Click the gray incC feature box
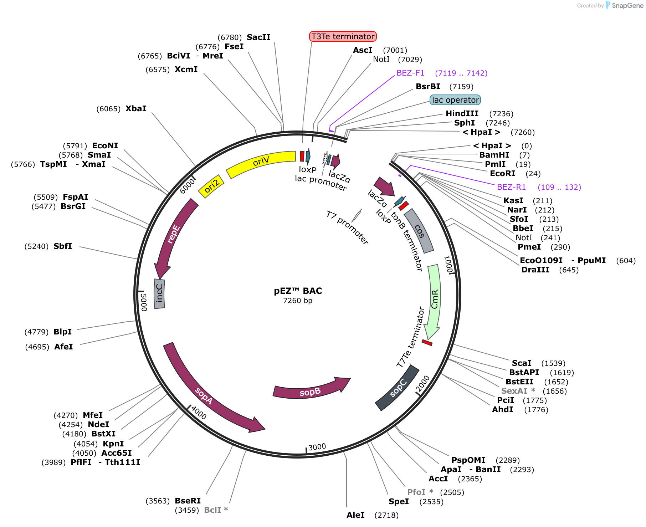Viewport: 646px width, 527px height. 159,293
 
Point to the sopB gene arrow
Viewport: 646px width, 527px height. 310,389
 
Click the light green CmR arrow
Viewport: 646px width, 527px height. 435,300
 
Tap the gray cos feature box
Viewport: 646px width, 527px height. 419,231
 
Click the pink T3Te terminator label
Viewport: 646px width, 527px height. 343,36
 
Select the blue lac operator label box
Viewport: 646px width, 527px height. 455,100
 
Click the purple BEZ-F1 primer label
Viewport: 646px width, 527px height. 410,73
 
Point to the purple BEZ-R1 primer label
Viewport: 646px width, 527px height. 511,187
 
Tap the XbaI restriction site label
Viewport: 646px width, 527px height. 136,108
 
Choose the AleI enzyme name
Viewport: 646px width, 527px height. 355,515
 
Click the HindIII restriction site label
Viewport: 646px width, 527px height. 462,113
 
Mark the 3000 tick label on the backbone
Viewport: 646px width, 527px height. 317,447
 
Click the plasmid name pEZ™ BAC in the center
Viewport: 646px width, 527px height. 298,291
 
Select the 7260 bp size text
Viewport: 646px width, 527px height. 298,301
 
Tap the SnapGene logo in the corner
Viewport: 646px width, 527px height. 624,5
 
